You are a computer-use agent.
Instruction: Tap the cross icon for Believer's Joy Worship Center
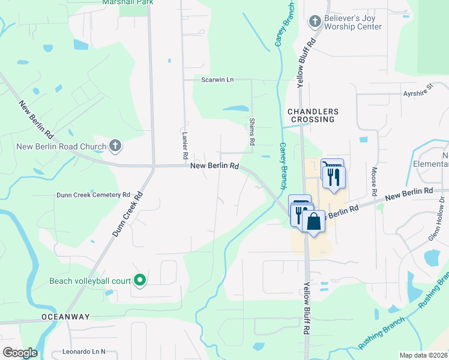[x=314, y=22]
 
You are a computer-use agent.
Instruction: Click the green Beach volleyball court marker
[x=140, y=280]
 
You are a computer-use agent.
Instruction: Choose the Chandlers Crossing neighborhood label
[x=313, y=116]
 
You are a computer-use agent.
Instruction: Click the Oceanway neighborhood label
[x=65, y=316]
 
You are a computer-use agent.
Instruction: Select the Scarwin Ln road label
[x=217, y=79]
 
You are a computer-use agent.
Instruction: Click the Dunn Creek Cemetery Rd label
[x=93, y=194]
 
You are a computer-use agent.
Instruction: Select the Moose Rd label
[x=373, y=182]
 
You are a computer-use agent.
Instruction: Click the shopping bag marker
[x=313, y=221]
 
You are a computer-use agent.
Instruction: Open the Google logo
[x=20, y=353]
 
